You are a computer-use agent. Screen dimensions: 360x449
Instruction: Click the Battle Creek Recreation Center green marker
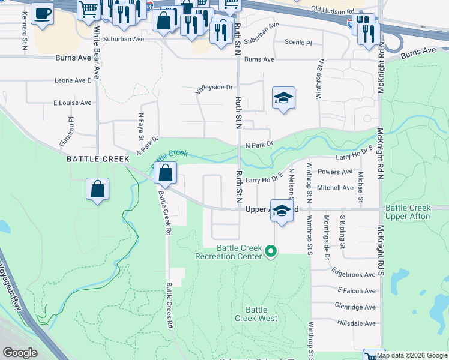(271, 251)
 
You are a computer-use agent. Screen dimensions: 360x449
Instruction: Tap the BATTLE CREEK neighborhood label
(98, 159)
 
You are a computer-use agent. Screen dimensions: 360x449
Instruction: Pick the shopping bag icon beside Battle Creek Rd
(165, 173)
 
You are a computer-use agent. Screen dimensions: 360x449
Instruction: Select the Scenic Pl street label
(298, 43)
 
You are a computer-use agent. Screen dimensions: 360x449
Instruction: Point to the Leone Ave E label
(72, 80)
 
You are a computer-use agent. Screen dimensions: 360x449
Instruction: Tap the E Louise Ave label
(72, 103)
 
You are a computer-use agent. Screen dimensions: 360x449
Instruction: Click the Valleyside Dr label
(214, 88)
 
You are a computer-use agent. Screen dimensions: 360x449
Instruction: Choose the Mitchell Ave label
(335, 188)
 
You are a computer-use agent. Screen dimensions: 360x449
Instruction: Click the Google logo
(20, 353)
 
